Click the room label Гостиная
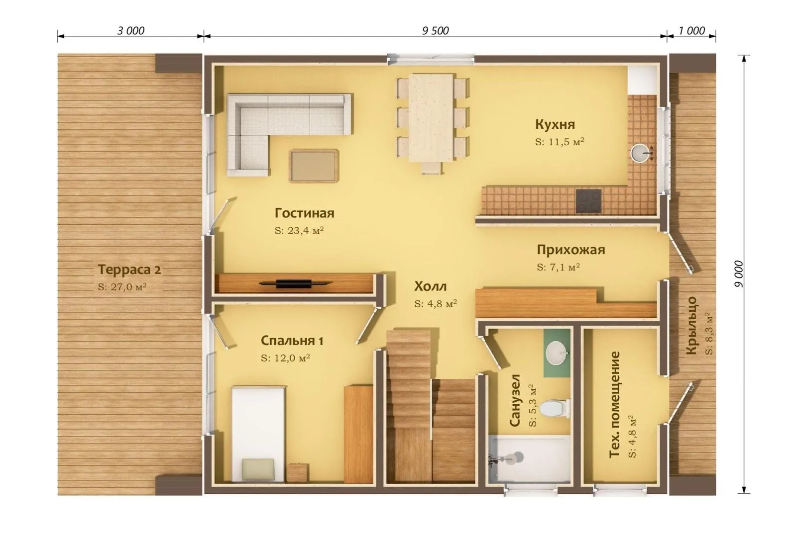[x=304, y=213]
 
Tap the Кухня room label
[x=556, y=124]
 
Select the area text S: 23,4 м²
[x=299, y=230]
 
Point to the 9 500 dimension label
[x=436, y=31]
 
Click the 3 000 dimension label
[x=131, y=31]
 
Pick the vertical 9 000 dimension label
[x=739, y=274]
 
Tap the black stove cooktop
[x=588, y=201]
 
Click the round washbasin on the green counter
[x=557, y=353]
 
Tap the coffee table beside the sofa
[x=314, y=166]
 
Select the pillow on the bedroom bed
[x=258, y=469]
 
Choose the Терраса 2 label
[x=129, y=270]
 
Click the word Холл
[x=430, y=286]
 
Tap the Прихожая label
[x=571, y=250]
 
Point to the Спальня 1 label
[x=292, y=341]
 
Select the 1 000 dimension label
[x=691, y=31]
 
